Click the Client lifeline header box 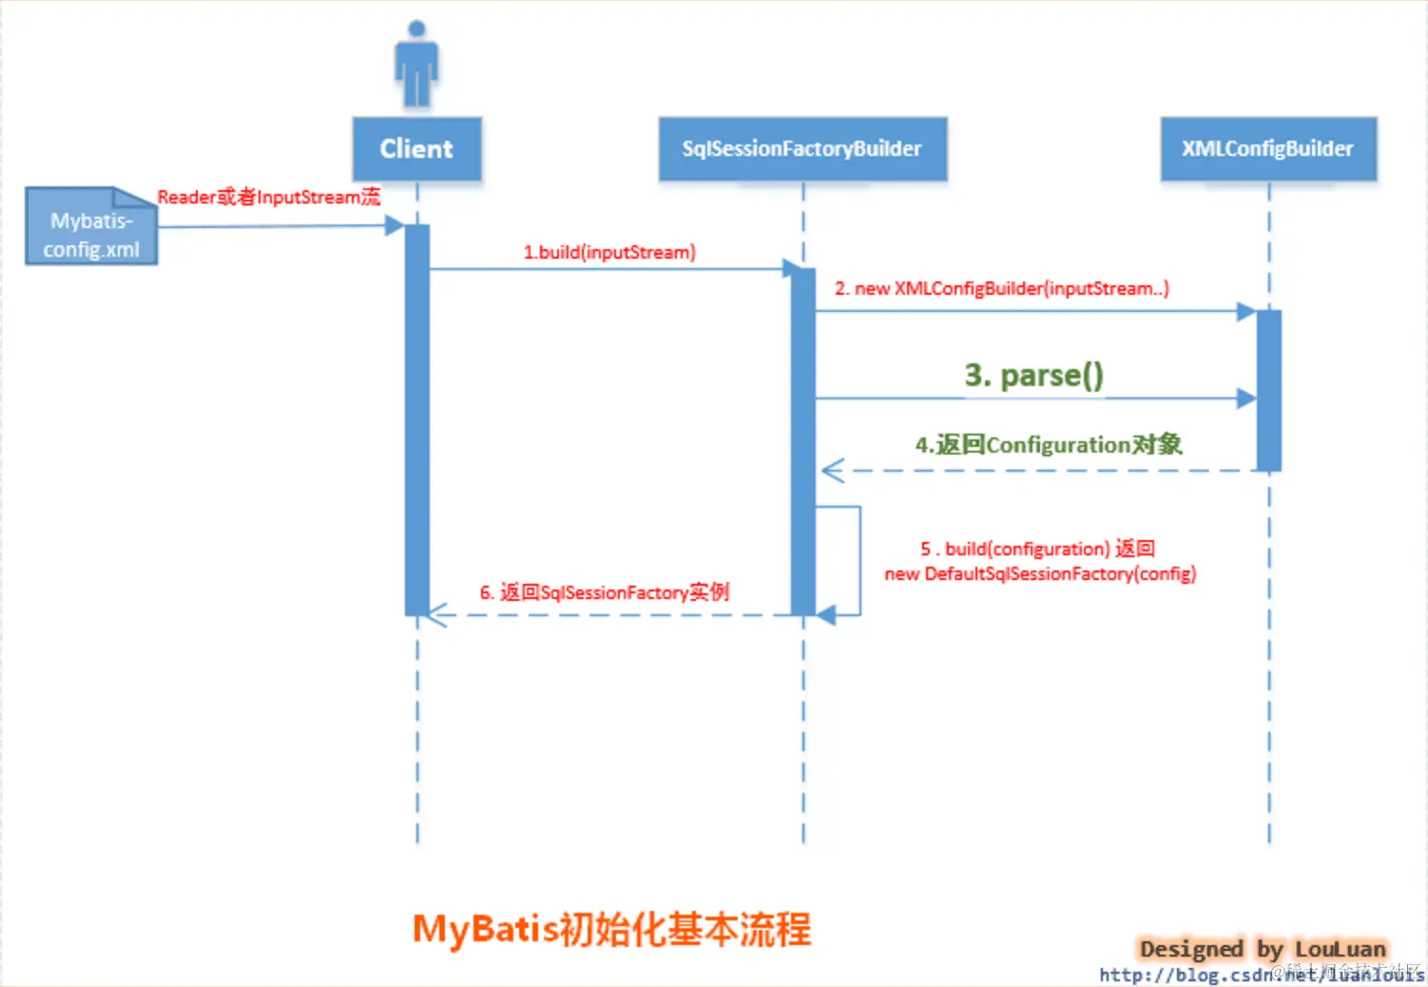pyautogui.click(x=416, y=148)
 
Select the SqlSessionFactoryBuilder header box pyautogui.click(x=802, y=148)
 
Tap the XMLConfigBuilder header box pyautogui.click(x=1268, y=148)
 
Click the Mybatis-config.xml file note pyautogui.click(x=91, y=227)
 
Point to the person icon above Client pyautogui.click(x=416, y=63)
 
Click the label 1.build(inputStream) pyautogui.click(x=609, y=252)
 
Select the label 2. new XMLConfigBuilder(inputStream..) pyautogui.click(x=1001, y=288)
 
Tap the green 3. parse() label pyautogui.click(x=1033, y=375)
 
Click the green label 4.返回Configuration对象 pyautogui.click(x=1048, y=444)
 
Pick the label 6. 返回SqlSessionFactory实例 pyautogui.click(x=604, y=592)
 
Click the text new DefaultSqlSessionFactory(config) pyautogui.click(x=1040, y=573)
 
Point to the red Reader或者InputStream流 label pyautogui.click(x=268, y=197)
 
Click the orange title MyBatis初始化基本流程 pyautogui.click(x=611, y=929)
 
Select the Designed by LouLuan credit pyautogui.click(x=1262, y=948)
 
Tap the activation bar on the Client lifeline pyautogui.click(x=416, y=418)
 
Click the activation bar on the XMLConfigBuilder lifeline pyautogui.click(x=1268, y=390)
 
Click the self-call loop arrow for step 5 pyautogui.click(x=859, y=561)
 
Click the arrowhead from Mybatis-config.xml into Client pyautogui.click(x=395, y=225)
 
